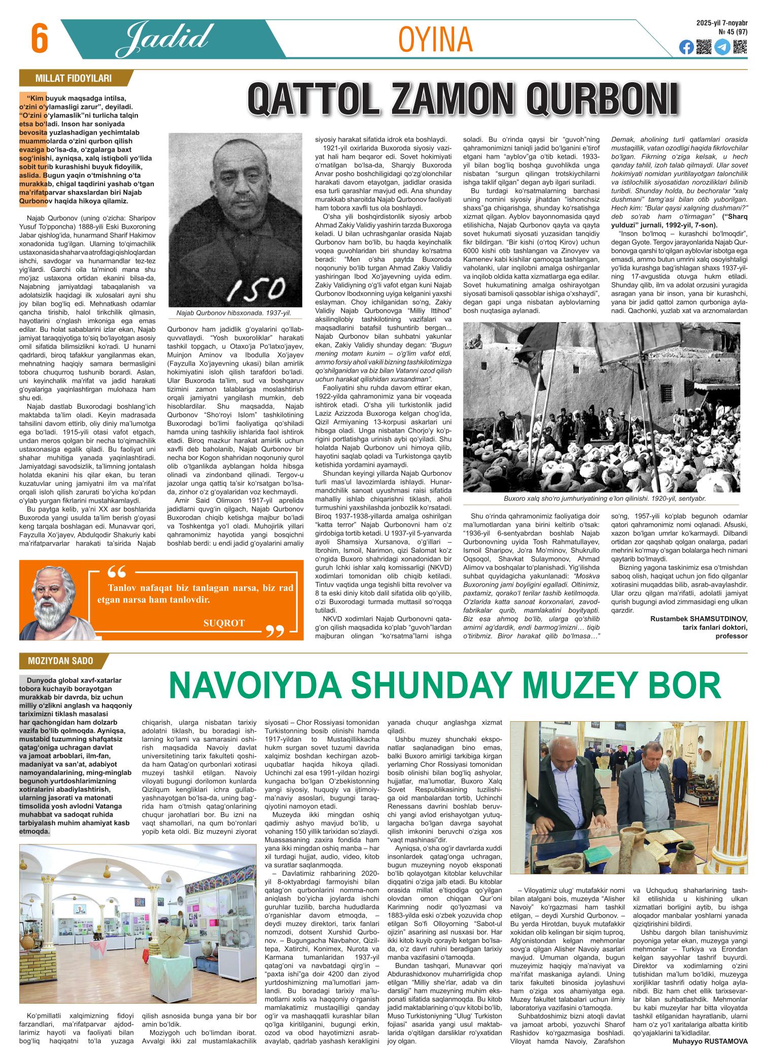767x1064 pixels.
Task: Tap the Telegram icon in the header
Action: coord(722,48)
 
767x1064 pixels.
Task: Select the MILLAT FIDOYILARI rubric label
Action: coord(73,79)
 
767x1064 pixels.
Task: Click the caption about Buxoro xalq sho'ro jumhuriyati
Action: coord(605,499)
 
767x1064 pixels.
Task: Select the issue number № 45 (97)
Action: coord(733,32)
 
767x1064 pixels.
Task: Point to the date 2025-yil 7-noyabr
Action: coord(722,23)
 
